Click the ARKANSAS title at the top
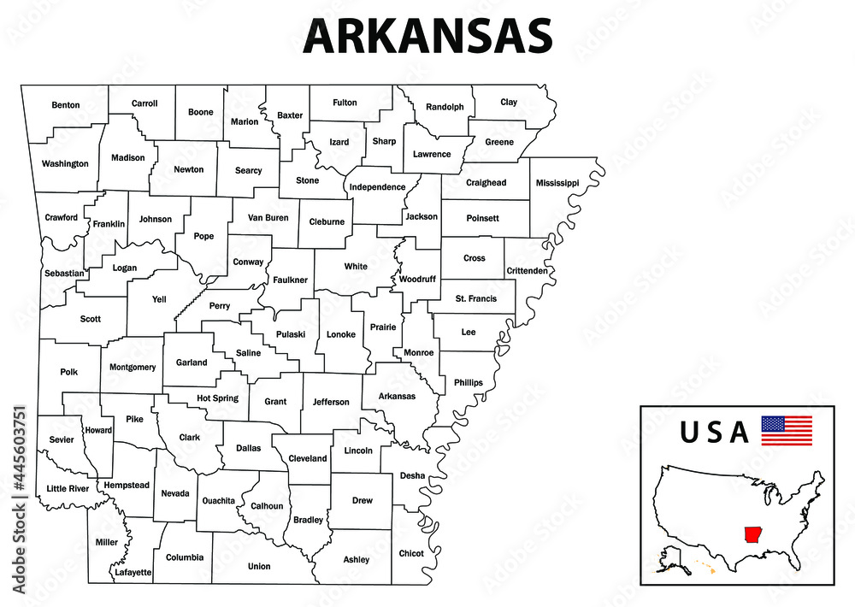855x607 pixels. tap(427, 36)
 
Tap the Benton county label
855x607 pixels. tap(66, 105)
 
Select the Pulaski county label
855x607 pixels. tap(290, 334)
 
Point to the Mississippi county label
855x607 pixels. tap(557, 183)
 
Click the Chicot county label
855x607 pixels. tap(411, 553)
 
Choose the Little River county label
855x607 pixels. tap(68, 489)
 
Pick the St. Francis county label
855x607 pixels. tap(475, 298)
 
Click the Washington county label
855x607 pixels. tap(65, 163)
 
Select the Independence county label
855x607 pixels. tap(377, 186)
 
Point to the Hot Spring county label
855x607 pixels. tap(217, 398)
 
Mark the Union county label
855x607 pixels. tap(259, 566)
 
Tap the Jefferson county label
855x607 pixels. tap(331, 402)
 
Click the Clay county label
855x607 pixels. tap(509, 102)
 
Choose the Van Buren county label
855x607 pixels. tap(268, 218)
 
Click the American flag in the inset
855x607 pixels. tap(787, 430)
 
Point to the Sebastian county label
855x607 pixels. tap(64, 274)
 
